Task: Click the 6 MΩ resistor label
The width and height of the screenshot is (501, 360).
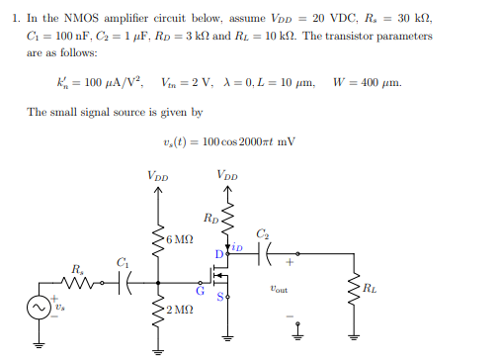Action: pos(181,240)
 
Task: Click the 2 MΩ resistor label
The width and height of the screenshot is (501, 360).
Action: pos(180,312)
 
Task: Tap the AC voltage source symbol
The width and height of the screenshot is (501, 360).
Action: pos(42,309)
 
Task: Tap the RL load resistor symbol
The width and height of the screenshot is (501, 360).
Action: pos(351,289)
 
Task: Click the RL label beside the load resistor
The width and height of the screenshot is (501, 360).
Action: pos(370,289)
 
